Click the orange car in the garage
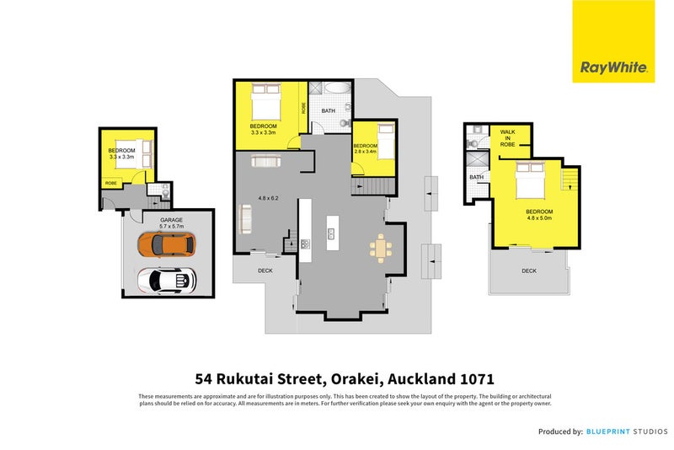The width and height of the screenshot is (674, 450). pyautogui.click(x=167, y=244)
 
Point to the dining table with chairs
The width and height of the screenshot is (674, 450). pyautogui.click(x=380, y=247)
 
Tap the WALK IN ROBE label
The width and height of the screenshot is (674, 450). pyautogui.click(x=507, y=138)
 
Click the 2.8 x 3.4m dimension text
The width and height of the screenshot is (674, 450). pyautogui.click(x=365, y=153)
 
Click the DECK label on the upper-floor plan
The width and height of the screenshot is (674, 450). pyautogui.click(x=528, y=271)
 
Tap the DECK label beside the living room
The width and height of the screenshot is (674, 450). pyautogui.click(x=265, y=271)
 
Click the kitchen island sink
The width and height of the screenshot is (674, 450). pyautogui.click(x=332, y=233)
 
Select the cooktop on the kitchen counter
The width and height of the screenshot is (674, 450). pyautogui.click(x=304, y=244)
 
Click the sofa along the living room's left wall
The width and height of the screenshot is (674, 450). pyautogui.click(x=245, y=222)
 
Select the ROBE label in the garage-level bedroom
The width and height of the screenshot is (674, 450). pyautogui.click(x=110, y=182)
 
